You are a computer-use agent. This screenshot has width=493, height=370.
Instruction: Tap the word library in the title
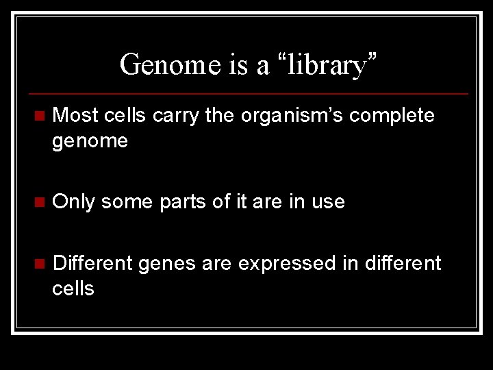(x=327, y=65)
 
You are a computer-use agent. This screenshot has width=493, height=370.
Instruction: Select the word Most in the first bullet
(x=76, y=115)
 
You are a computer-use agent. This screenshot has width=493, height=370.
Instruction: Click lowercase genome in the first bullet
(x=90, y=141)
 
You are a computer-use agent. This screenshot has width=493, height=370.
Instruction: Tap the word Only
(x=73, y=201)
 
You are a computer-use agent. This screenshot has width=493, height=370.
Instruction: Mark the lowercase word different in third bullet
(x=400, y=262)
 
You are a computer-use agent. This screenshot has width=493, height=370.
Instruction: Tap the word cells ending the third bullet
(x=73, y=288)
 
